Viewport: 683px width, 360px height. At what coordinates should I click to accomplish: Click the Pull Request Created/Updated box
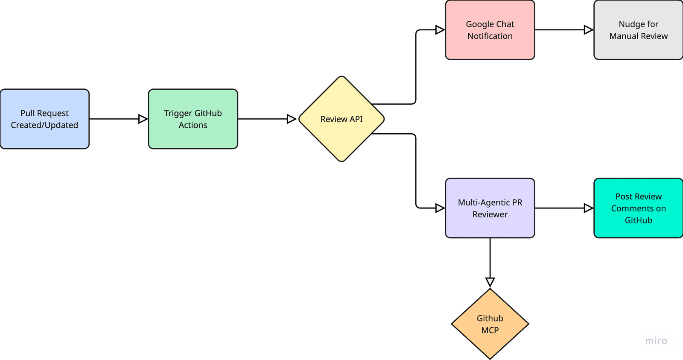point(45,119)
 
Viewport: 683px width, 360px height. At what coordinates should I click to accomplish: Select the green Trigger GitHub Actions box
point(193,119)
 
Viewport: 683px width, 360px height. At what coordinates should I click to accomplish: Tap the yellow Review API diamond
point(341,119)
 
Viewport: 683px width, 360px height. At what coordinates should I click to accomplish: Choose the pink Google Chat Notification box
point(490,30)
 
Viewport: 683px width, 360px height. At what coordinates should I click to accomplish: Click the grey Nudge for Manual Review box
point(638,30)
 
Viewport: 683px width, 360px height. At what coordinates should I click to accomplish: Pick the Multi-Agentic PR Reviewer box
point(490,208)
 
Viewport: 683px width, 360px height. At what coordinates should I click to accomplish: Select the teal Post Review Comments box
point(638,208)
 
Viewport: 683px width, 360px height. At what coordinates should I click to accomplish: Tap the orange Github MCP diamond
point(490,324)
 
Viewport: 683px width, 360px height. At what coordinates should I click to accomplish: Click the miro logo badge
point(656,341)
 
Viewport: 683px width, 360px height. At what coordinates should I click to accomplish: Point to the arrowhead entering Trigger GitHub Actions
point(143,119)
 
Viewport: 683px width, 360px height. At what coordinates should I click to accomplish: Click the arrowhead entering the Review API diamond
point(292,119)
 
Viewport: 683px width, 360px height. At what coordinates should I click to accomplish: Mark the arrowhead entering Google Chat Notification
point(439,30)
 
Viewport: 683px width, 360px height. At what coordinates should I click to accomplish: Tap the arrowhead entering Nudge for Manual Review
point(588,30)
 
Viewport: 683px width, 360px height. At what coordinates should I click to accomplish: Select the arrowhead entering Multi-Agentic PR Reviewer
point(439,208)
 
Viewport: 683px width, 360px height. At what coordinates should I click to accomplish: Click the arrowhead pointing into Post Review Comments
point(588,208)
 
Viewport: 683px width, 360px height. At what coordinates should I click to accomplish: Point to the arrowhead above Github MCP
point(490,282)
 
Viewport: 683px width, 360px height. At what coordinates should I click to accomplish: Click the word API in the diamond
point(356,119)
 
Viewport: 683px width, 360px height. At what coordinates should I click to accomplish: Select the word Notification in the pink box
point(490,36)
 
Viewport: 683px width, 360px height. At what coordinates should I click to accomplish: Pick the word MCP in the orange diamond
point(490,330)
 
